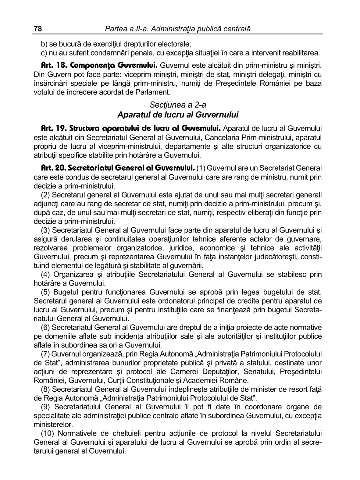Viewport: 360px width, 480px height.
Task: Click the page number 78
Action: click(x=38, y=29)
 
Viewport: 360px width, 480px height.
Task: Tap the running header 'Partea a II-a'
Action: click(x=126, y=29)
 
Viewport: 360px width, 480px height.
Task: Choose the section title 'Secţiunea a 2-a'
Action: click(x=178, y=105)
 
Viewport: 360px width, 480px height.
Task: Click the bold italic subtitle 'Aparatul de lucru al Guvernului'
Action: click(x=178, y=115)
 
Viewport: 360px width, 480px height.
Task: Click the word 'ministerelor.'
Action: click(x=53, y=424)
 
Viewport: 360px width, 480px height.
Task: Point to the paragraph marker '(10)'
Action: click(x=47, y=433)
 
